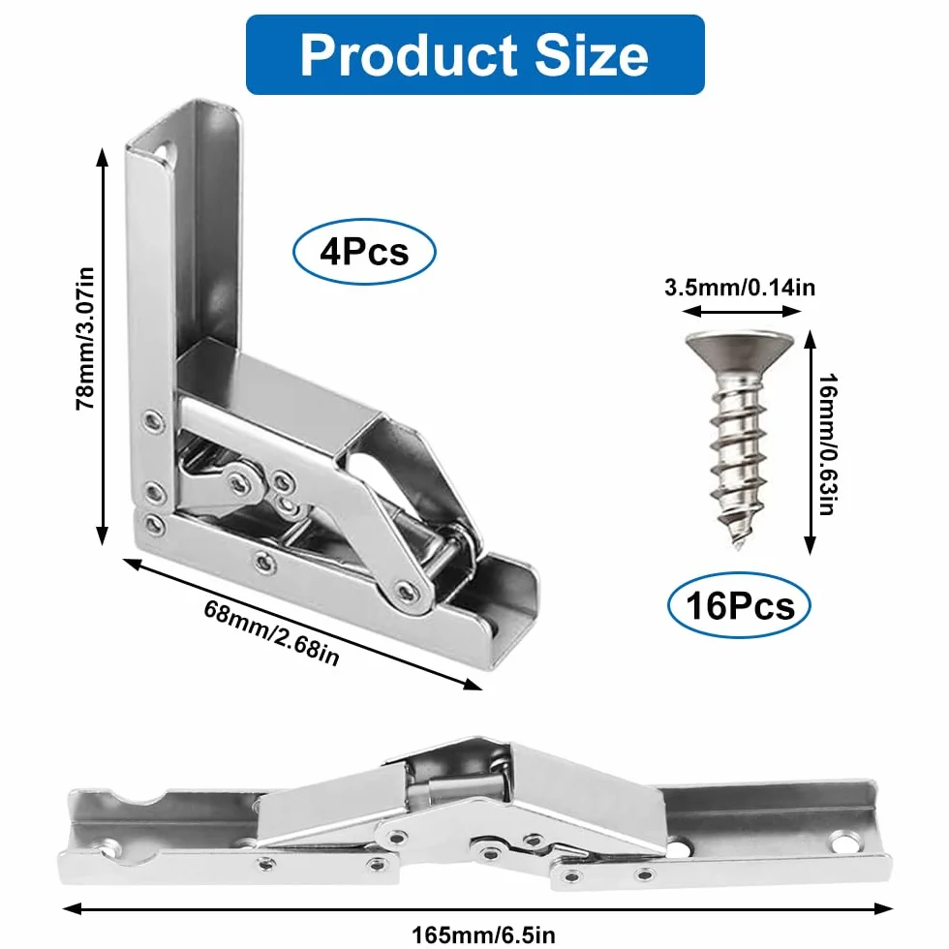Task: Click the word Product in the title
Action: point(409,56)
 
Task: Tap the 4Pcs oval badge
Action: point(364,251)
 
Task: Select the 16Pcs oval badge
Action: point(739,605)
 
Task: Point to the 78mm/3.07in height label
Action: point(85,338)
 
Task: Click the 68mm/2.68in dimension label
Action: point(271,632)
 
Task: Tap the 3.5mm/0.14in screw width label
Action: point(740,287)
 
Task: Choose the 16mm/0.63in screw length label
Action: point(828,444)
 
